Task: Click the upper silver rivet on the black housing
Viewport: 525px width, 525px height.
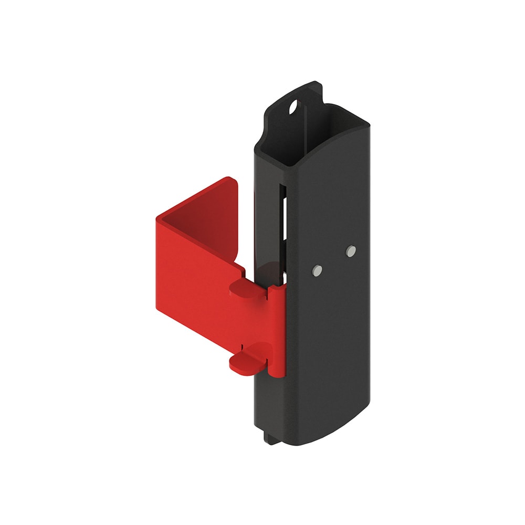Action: [351, 251]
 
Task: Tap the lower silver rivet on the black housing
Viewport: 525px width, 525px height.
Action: [317, 270]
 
